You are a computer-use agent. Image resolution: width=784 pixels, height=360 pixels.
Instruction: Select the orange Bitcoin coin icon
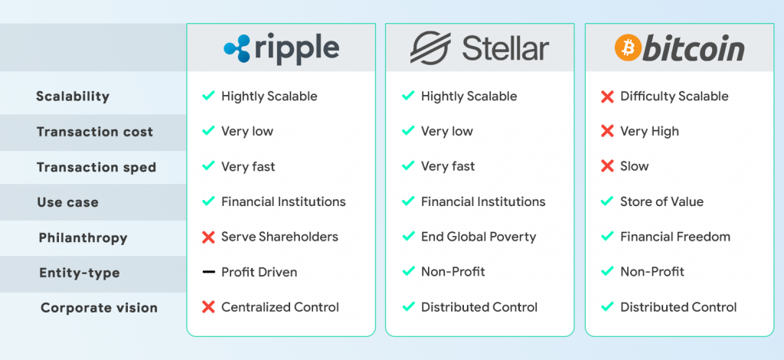[627, 49]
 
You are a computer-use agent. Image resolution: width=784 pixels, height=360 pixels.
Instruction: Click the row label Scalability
[73, 97]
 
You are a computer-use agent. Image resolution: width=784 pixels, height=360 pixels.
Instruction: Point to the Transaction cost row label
[95, 132]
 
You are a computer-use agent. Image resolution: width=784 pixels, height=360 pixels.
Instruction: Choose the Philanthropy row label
[83, 237]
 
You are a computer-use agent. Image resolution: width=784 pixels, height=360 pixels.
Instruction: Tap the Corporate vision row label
[99, 308]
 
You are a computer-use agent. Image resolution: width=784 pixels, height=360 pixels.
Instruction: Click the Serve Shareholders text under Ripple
[279, 237]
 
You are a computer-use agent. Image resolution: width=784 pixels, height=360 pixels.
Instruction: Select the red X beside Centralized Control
[207, 307]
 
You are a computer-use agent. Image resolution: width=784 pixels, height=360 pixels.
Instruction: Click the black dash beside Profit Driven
[207, 272]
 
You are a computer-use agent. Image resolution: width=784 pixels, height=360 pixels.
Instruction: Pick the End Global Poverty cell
[479, 237]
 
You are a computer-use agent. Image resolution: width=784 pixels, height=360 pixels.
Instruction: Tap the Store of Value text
[661, 201]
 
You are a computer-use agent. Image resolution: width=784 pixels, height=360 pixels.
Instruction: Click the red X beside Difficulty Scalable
[607, 97]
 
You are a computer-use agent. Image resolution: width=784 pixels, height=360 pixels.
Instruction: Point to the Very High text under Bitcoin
[649, 131]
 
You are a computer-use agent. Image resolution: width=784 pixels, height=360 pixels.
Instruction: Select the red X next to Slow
[607, 166]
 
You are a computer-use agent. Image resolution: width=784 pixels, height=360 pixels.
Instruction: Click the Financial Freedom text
[675, 237]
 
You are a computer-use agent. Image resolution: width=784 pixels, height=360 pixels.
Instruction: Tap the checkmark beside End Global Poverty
[408, 237]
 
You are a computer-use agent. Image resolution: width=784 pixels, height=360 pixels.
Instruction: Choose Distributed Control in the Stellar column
[479, 307]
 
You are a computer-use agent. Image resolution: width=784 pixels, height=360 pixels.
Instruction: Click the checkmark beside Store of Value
[607, 201]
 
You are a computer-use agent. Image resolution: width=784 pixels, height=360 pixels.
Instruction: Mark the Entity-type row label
[80, 273]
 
